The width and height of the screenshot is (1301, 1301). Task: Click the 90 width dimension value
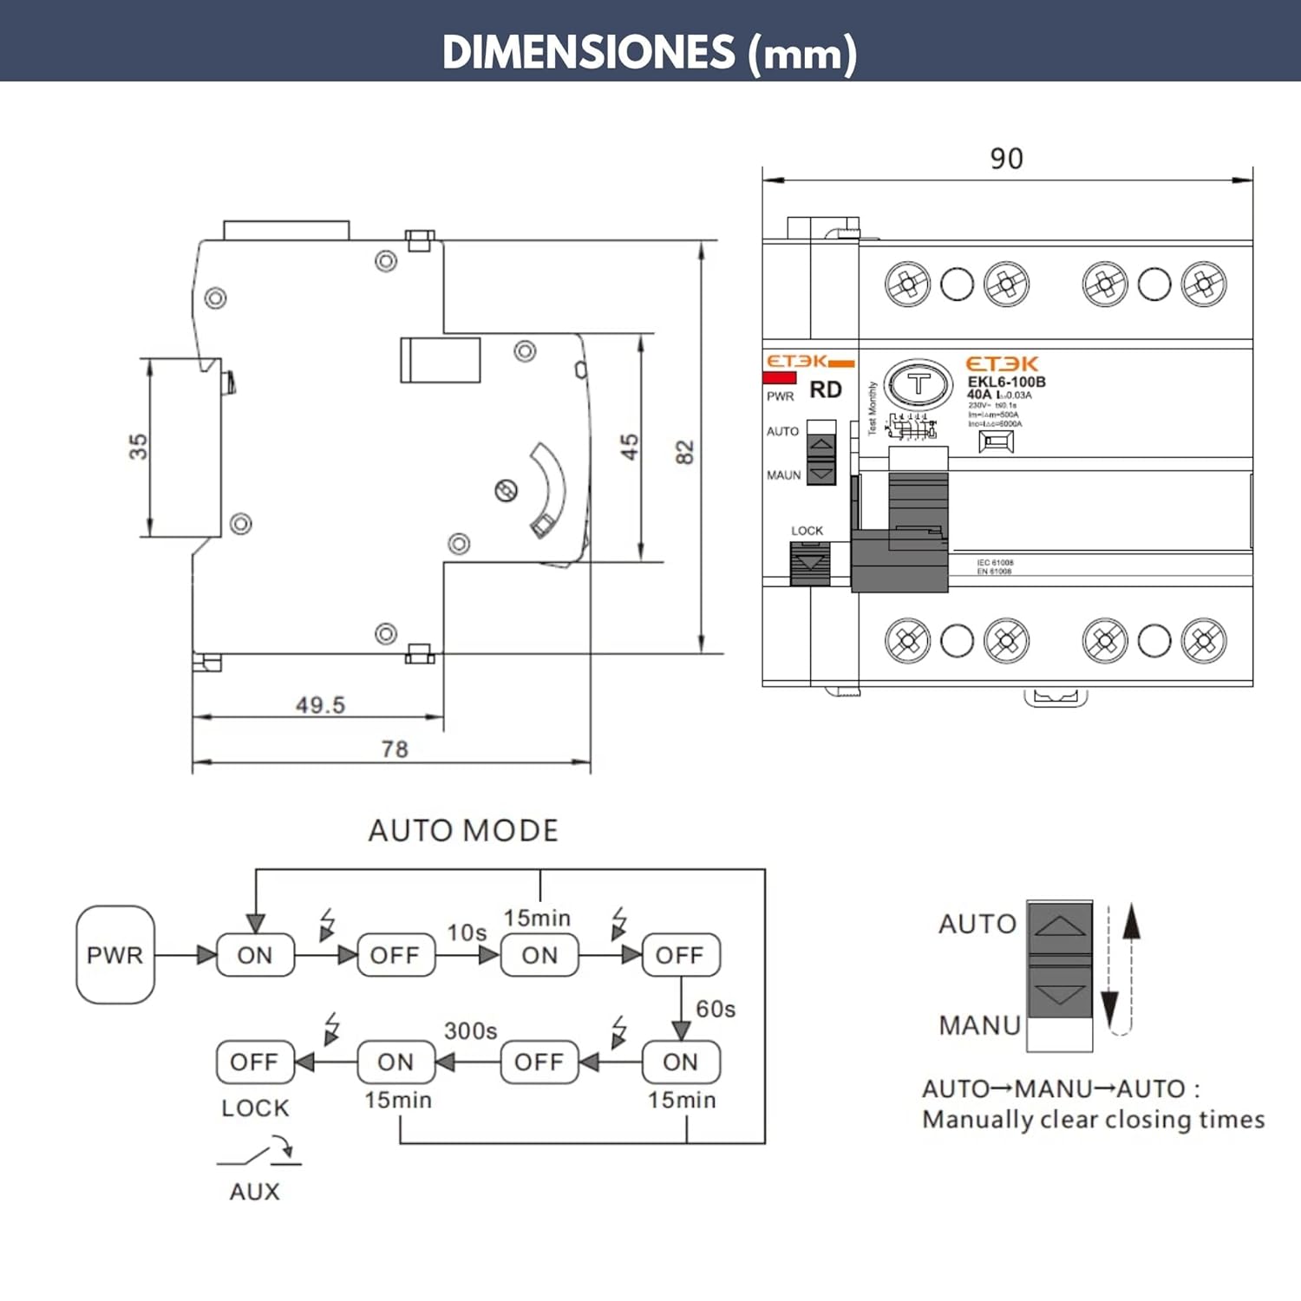coord(1006,159)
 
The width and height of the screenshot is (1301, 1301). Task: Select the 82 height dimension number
coord(684,452)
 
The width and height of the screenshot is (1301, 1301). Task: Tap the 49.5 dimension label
coord(320,705)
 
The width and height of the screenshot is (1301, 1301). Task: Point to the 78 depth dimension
coord(395,749)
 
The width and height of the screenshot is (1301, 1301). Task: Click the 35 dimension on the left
coord(138,447)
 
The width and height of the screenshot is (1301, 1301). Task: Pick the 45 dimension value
coord(629,447)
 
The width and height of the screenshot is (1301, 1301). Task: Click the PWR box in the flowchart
coord(115,955)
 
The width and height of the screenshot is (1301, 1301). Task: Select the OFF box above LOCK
coord(254,1062)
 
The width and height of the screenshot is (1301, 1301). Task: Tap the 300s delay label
coord(470,1030)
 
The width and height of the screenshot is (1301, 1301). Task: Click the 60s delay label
coord(716,1009)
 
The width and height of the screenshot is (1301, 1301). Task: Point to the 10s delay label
coord(467,932)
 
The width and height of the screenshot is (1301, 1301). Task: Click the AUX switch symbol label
coord(255,1192)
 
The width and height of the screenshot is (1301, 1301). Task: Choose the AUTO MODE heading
coord(463,831)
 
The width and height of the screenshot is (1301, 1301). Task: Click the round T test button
coord(918,382)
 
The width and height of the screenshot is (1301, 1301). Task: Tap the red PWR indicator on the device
coord(780,378)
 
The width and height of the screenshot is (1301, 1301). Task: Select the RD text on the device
coord(826,390)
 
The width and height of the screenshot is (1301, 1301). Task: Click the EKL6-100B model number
coord(1006,382)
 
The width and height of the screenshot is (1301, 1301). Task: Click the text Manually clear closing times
coord(1093,1120)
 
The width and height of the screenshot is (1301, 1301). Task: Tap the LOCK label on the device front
coord(807,531)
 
